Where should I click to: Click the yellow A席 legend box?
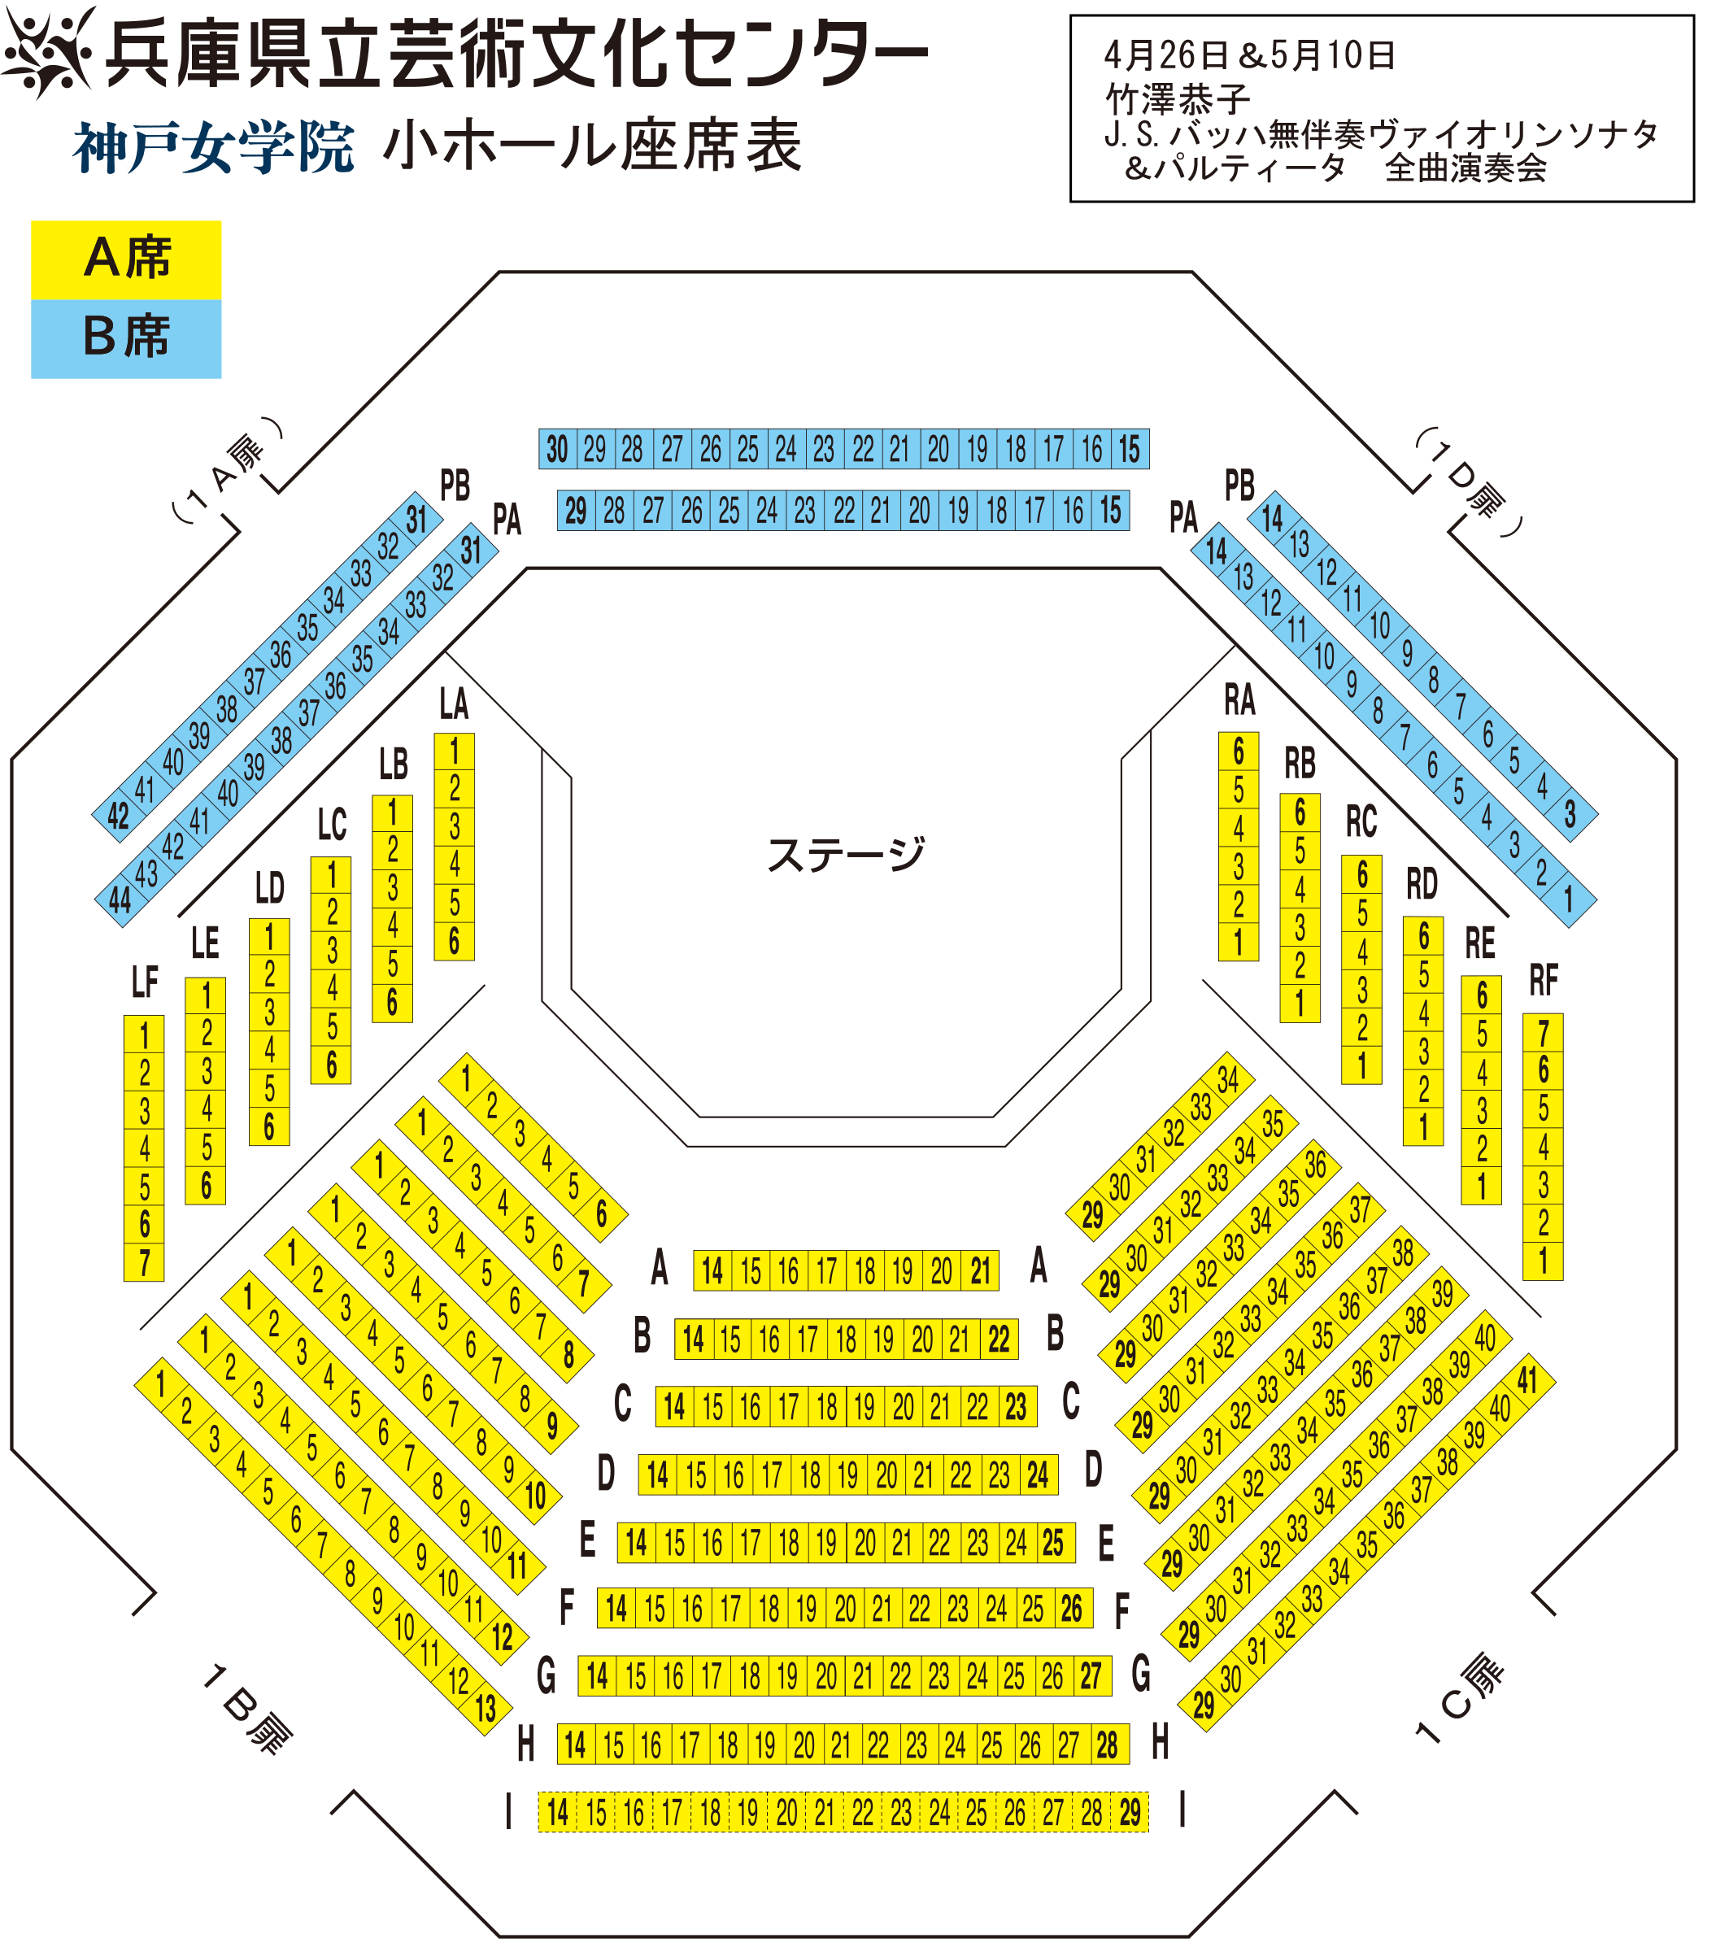click(x=126, y=260)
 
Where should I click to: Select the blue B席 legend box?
click(x=126, y=339)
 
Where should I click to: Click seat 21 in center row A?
click(x=980, y=1270)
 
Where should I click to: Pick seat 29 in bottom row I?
click(x=1130, y=1812)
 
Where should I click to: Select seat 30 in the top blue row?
click(x=557, y=449)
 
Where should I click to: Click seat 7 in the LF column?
click(x=144, y=1262)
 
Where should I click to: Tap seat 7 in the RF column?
click(x=1544, y=1033)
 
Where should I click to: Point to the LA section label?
click(x=454, y=704)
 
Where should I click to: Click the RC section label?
click(x=1361, y=821)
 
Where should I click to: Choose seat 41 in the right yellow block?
click(x=1527, y=1379)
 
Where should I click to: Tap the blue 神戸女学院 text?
click(x=213, y=148)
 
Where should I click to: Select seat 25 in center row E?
click(x=1052, y=1542)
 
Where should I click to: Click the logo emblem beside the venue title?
click(x=50, y=51)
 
